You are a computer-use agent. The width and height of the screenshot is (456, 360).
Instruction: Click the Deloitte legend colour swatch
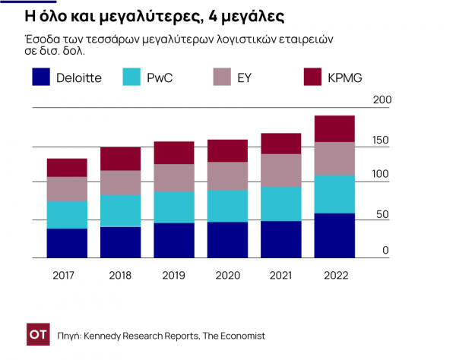click(41, 77)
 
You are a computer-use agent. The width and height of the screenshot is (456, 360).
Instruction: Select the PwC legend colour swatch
click(131, 77)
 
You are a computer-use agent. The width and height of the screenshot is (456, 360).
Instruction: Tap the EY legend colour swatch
click(223, 77)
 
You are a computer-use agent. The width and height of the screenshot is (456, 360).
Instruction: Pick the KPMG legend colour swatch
click(313, 77)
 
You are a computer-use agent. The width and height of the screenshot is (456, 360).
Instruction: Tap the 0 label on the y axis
click(385, 251)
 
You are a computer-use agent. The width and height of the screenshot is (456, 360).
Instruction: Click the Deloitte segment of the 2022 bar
click(334, 235)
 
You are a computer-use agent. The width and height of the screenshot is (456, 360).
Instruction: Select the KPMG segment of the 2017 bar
click(67, 167)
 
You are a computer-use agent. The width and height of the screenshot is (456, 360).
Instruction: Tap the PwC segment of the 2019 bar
click(174, 207)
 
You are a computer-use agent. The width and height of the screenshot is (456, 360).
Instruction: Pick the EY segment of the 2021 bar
click(281, 170)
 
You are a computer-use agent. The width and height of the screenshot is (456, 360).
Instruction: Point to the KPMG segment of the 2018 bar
click(121, 158)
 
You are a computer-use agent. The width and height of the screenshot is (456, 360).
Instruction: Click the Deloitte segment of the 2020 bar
click(227, 240)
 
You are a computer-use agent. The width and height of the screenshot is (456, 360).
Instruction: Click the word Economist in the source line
click(240, 335)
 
